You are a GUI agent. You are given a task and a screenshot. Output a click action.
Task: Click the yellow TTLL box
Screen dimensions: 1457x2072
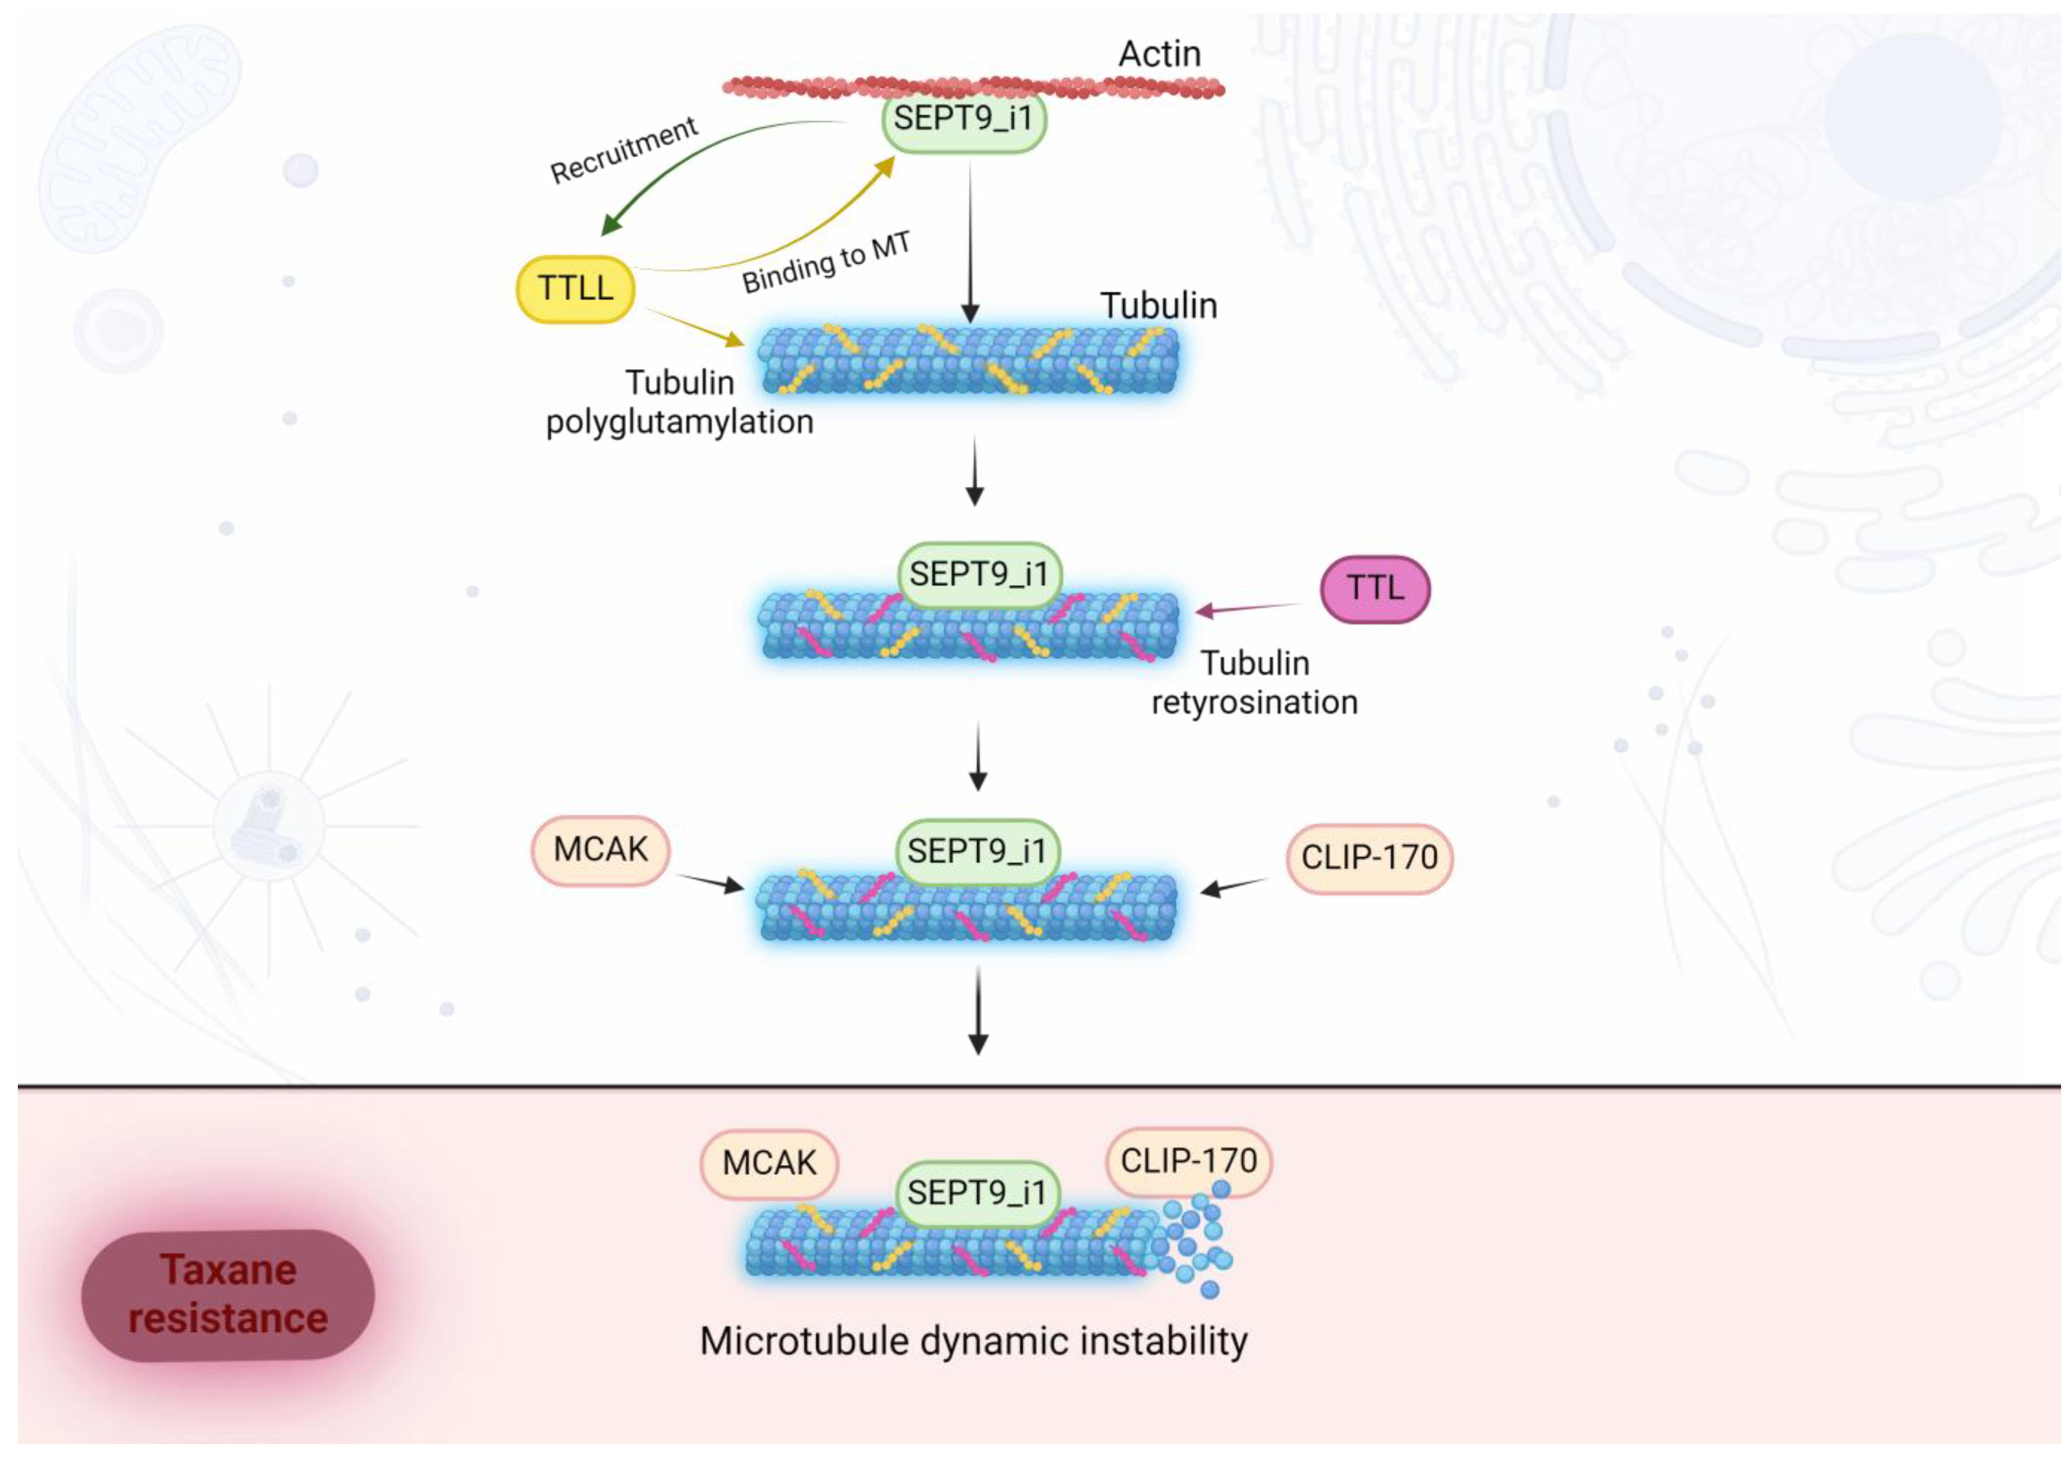click(x=575, y=289)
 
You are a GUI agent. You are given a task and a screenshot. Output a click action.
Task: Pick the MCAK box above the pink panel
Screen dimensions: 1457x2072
click(x=600, y=850)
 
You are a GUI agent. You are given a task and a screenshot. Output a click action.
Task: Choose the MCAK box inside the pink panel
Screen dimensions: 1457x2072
click(x=769, y=1163)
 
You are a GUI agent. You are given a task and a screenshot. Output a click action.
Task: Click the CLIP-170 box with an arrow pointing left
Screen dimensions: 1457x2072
click(x=1368, y=857)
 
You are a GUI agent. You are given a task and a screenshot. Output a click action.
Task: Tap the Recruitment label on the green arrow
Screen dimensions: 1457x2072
click(x=624, y=150)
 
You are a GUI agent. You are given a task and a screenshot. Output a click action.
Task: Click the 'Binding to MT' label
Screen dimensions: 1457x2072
click(x=826, y=262)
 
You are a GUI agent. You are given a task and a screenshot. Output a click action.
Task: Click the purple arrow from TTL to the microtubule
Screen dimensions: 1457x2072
click(x=1250, y=608)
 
